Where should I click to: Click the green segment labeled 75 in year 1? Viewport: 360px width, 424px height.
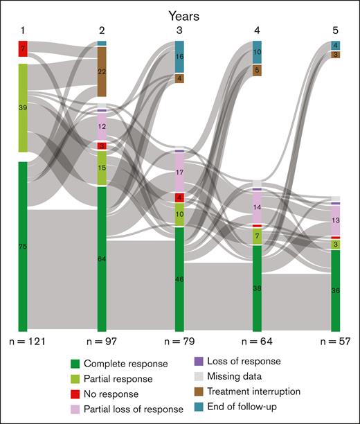click(23, 246)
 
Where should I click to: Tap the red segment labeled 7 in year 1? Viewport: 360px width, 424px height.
click(23, 49)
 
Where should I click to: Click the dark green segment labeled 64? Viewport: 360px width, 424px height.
click(102, 258)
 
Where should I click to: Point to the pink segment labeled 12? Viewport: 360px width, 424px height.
click(102, 127)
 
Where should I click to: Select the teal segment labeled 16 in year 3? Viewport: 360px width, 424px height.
click(179, 57)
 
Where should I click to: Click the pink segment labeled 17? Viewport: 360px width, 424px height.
click(179, 173)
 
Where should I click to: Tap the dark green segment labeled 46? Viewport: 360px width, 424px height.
click(179, 279)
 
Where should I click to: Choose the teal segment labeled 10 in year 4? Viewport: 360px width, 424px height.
click(258, 53)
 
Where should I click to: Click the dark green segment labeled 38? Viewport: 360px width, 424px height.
click(258, 288)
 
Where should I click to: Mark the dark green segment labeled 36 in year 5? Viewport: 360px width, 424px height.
click(336, 290)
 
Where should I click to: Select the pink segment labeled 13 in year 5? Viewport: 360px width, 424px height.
click(336, 220)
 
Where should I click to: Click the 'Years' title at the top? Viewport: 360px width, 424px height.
click(179, 12)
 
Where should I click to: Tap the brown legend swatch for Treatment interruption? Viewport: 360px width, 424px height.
click(198, 391)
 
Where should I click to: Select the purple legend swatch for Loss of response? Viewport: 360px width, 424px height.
click(198, 361)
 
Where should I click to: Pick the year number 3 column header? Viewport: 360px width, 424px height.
click(179, 30)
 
